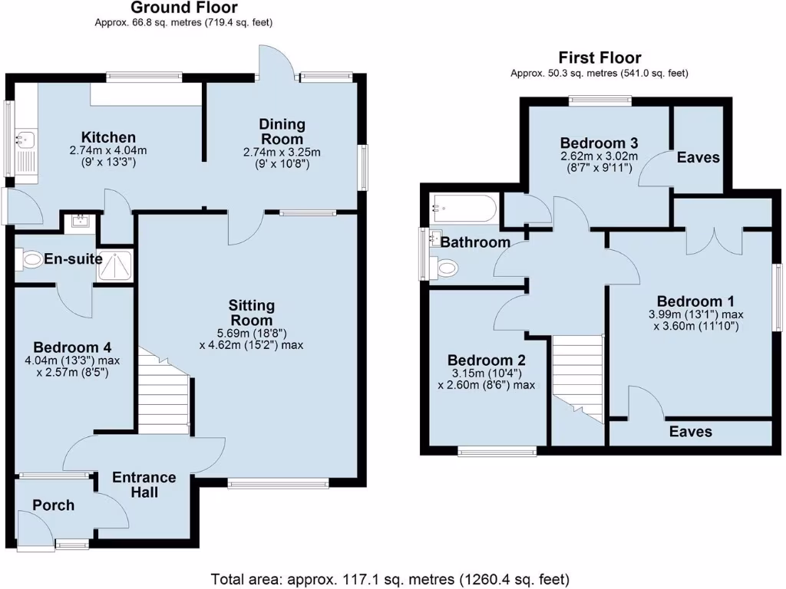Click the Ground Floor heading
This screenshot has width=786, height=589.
(x=183, y=8)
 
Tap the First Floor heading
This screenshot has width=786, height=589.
(x=599, y=58)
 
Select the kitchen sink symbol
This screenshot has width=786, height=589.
(x=25, y=140)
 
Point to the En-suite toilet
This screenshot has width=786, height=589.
(x=30, y=260)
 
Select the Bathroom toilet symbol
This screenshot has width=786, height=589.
(x=446, y=268)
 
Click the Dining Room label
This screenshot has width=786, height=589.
(x=282, y=131)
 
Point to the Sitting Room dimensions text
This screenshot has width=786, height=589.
(x=252, y=338)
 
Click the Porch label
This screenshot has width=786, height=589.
(x=53, y=505)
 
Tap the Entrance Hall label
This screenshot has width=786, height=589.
(x=144, y=484)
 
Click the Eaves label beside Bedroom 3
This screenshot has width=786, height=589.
(x=698, y=157)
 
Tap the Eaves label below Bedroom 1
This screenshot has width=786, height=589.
(x=690, y=432)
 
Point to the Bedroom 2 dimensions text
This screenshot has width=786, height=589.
(x=486, y=379)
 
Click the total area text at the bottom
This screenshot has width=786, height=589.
(x=390, y=578)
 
